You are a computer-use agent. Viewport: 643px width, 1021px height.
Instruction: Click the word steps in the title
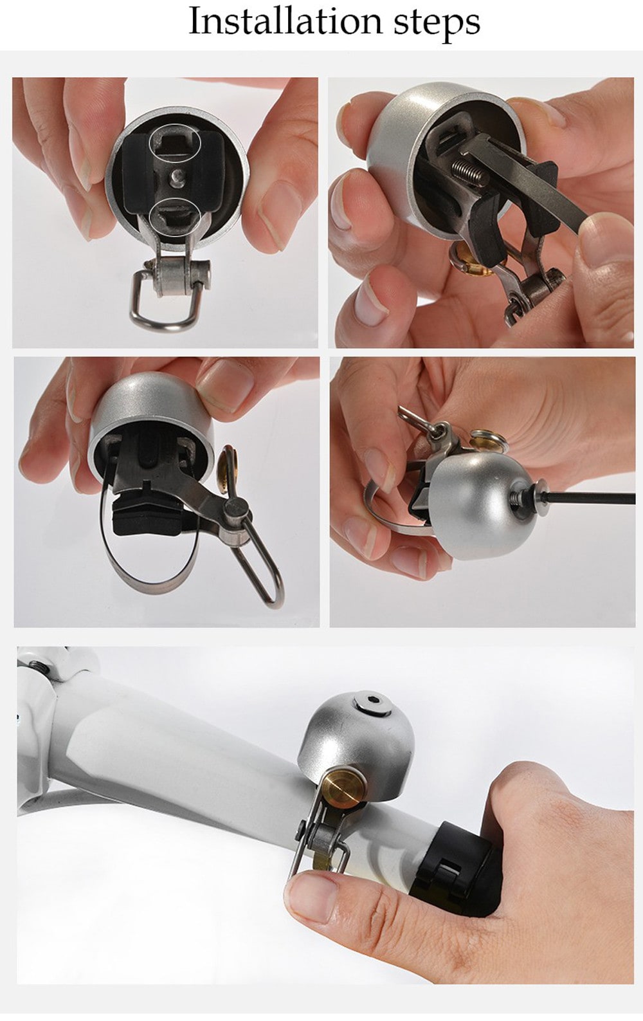pyautogui.click(x=437, y=23)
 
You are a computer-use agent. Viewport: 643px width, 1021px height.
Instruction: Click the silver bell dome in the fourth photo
pyautogui.click(x=476, y=508)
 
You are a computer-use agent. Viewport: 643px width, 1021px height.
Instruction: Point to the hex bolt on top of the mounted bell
pyautogui.click(x=372, y=703)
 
